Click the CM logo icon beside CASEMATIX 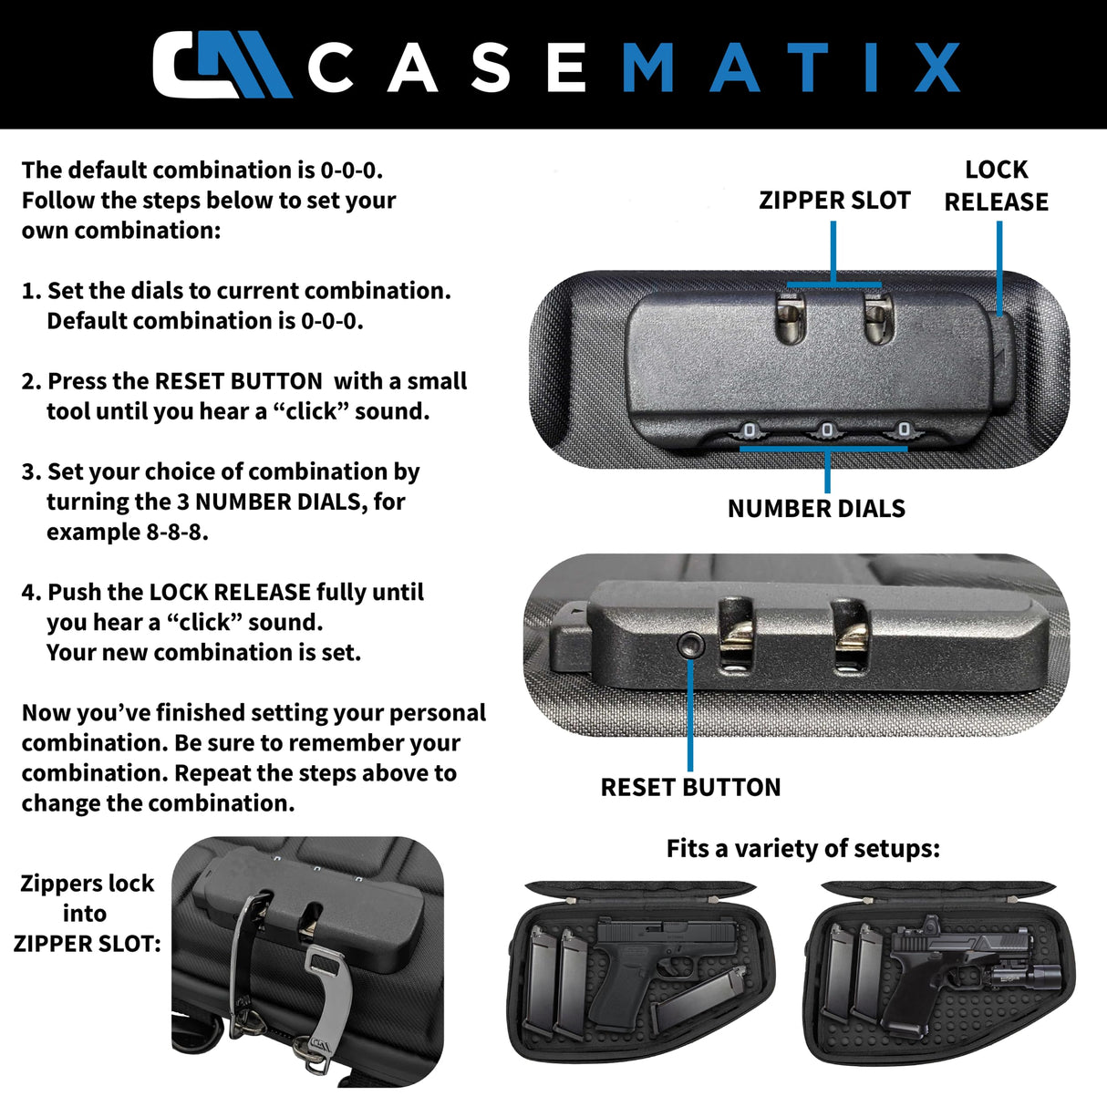(221, 65)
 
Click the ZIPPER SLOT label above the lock (834, 201)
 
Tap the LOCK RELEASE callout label (996, 185)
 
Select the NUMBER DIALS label (816, 509)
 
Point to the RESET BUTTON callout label (690, 787)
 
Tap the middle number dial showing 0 (827, 429)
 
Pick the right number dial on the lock (904, 429)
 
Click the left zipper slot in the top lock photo (789, 320)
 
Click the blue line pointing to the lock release (999, 269)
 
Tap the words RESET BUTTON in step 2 (239, 381)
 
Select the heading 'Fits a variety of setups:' (802, 849)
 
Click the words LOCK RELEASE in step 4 (230, 593)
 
